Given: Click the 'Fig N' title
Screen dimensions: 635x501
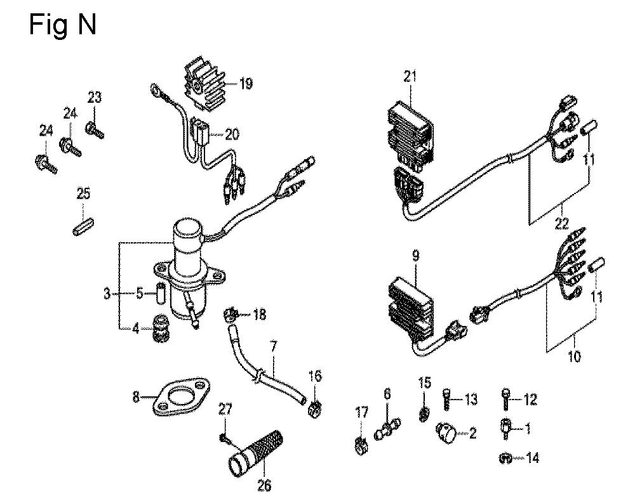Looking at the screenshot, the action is tap(63, 25).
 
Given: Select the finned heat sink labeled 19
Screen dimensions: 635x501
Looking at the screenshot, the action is tap(204, 84).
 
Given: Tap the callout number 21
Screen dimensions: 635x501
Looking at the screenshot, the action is tap(410, 76).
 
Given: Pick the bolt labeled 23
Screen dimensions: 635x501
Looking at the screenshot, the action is tap(95, 130).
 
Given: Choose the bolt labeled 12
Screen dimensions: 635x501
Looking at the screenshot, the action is tap(506, 399).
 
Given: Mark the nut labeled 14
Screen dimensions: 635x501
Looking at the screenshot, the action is tap(506, 459).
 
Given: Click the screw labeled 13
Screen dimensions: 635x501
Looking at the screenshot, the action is tap(446, 399).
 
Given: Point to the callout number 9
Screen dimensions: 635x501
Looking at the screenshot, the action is tap(415, 256).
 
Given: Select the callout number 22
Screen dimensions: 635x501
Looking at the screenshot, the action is tap(562, 223).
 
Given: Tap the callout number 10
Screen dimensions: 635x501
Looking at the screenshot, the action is tap(575, 356).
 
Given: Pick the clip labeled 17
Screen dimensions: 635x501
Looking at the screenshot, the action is tap(361, 445).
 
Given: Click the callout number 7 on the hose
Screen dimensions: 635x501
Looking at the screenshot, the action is tap(274, 346).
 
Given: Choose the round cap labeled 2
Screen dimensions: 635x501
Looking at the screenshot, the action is tap(444, 433).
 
